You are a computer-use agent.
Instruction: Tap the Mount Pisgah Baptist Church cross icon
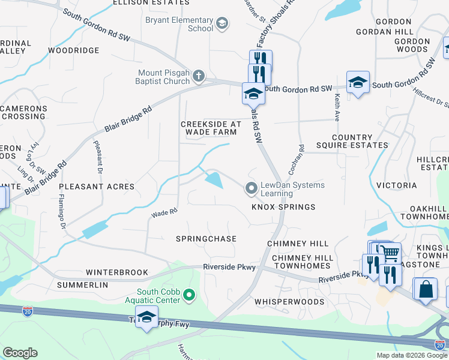[199, 76]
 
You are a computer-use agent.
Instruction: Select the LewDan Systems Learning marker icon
[251, 189]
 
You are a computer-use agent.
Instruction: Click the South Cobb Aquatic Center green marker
[189, 294]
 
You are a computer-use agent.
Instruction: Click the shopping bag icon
[426, 289]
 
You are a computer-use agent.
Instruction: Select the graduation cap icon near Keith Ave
[358, 83]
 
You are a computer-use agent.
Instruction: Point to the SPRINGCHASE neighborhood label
[206, 239]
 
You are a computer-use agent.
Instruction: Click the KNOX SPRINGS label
[283, 207]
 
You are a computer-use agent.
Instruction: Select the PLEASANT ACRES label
[97, 187]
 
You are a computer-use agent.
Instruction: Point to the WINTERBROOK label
[116, 272]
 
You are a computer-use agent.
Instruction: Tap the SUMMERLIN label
[83, 285]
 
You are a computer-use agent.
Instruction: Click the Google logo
[20, 353]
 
